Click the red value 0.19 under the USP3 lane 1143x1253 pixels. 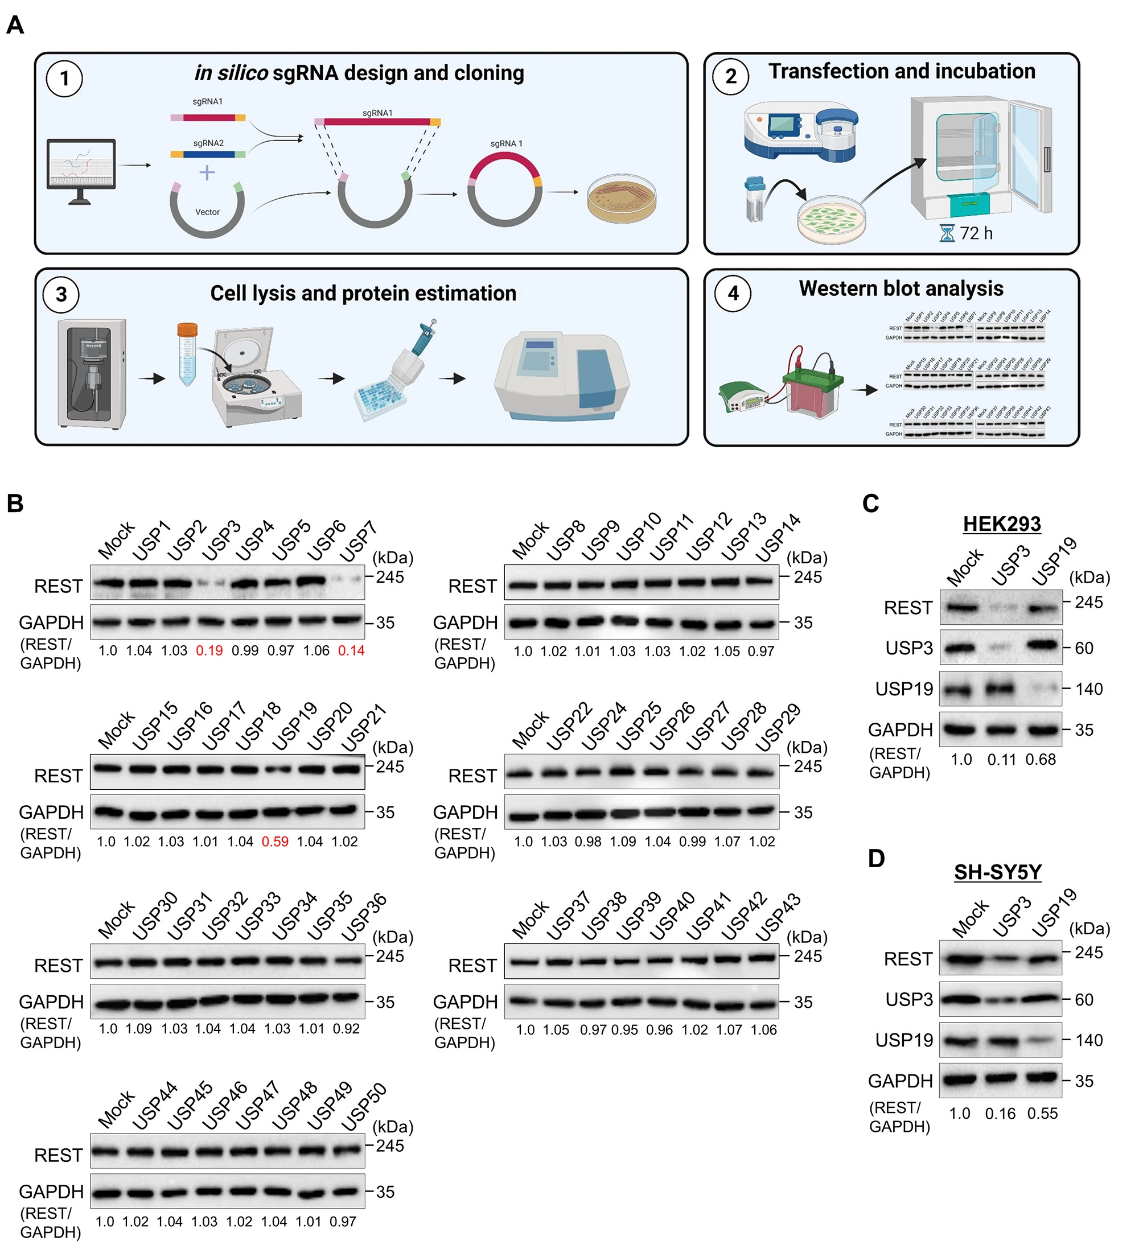(209, 651)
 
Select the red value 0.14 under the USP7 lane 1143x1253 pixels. (351, 651)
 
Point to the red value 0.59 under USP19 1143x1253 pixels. (275, 842)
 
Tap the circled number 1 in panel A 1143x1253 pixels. (64, 79)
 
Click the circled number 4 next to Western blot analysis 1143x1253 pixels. (733, 294)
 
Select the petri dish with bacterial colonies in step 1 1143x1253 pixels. (622, 199)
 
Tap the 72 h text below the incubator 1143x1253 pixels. (976, 234)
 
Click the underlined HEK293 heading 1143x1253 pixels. (1001, 524)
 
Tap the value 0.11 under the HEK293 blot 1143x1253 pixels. (1001, 760)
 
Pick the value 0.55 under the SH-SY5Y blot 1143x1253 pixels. (1042, 1114)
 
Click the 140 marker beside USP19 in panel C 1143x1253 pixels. (1089, 689)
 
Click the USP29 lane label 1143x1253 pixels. (778, 727)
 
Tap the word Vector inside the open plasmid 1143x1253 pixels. (207, 212)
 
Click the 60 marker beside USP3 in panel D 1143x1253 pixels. (1084, 1000)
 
